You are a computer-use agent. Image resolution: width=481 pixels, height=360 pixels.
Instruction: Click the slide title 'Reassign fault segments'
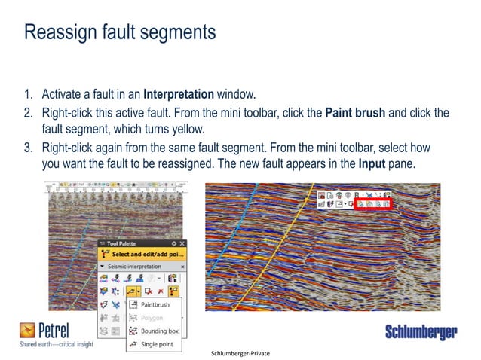pos(120,33)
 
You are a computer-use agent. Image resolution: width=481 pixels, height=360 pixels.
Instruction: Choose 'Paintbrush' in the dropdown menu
pos(155,304)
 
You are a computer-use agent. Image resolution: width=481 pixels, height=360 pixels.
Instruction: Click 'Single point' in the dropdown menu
pos(158,344)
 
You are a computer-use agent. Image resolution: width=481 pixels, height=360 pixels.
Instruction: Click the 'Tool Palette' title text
pos(123,243)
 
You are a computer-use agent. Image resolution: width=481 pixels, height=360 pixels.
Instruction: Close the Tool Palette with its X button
pos(182,243)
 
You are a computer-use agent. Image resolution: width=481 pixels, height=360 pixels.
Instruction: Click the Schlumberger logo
pos(421,332)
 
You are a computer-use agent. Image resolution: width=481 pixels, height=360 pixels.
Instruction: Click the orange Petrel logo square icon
pos(27,330)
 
